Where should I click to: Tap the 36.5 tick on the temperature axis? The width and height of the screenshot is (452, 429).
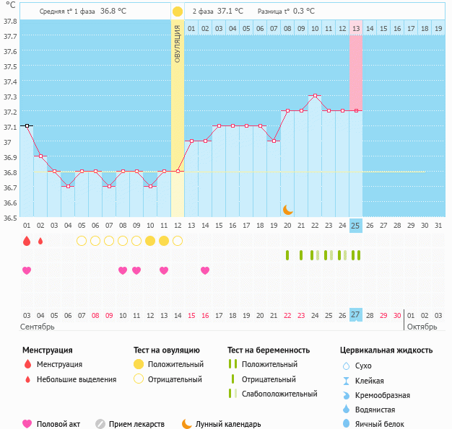pos(11,217)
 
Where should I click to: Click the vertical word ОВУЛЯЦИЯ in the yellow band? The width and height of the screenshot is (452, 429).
pos(178,44)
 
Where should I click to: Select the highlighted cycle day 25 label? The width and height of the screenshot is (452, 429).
pos(355,226)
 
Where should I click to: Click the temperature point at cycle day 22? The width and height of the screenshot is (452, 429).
pos(314,95)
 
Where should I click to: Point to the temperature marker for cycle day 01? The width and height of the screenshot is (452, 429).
pos(27,125)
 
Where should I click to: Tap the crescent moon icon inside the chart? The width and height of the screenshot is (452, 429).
pos(287,209)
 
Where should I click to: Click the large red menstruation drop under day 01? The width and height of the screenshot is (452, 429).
pos(27,241)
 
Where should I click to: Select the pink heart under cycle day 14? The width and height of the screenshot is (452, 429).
pos(205,270)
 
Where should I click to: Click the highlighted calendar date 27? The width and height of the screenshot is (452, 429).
pos(355,315)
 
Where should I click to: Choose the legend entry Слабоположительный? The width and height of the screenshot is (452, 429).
pos(279,394)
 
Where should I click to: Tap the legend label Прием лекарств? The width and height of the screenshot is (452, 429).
pos(136,424)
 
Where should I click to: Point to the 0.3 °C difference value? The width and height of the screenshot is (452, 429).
pos(304,12)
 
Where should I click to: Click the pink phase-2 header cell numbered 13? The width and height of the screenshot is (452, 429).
pos(356,28)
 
